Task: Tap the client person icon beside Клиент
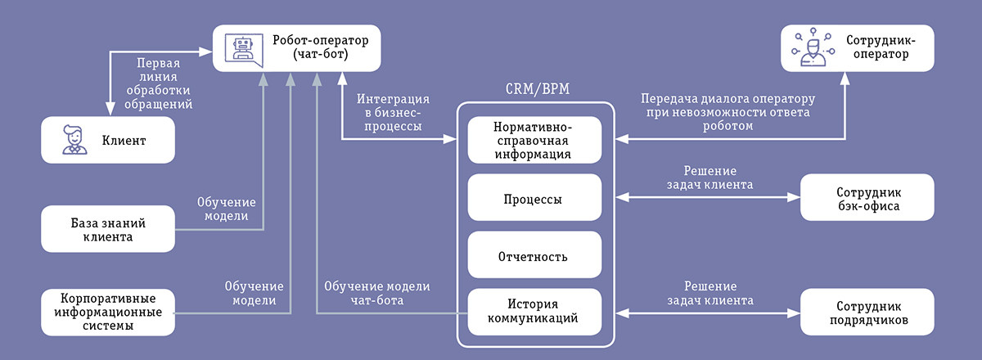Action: pos(72,140)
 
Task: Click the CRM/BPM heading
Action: pos(533,89)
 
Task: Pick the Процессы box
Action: pos(533,198)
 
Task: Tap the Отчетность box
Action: pos(533,256)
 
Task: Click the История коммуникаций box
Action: pos(533,312)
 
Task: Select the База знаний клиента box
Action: pos(108,228)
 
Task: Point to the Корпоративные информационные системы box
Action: pos(108,311)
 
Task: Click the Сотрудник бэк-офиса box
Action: pos(867,197)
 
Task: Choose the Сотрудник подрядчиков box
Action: pos(867,312)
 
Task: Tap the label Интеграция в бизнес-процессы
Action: pos(389,112)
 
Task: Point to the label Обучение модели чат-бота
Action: pos(376,293)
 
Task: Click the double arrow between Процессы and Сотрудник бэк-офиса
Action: pos(707,197)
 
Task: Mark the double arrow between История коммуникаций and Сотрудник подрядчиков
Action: pos(707,312)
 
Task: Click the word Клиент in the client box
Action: pos(124,140)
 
